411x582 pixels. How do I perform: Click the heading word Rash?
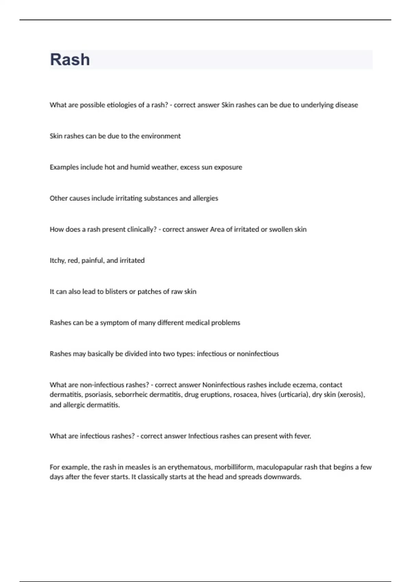(70, 60)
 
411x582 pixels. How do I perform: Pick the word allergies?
(205, 199)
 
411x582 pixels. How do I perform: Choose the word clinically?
(142, 230)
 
